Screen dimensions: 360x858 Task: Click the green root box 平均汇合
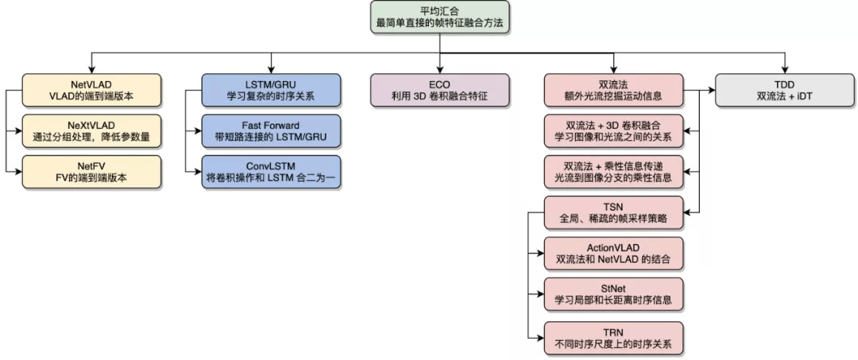(439, 17)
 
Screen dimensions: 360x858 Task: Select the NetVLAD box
(91, 90)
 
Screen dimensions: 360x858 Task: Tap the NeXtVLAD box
(91, 130)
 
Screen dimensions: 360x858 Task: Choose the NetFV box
(91, 172)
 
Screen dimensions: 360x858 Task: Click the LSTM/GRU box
(271, 90)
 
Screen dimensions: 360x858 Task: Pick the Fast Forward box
(271, 130)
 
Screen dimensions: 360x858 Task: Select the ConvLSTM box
(271, 172)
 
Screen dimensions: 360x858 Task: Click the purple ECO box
(439, 90)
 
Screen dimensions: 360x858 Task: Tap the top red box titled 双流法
(613, 90)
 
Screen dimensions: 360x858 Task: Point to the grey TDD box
(785, 90)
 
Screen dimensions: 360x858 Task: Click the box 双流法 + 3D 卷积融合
(613, 130)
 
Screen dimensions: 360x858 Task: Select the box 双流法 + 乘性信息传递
(613, 172)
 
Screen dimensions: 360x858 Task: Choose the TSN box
(613, 212)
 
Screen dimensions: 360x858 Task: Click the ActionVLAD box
(613, 253)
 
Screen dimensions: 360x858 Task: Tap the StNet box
(613, 294)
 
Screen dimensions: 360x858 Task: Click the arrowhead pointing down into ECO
(439, 70)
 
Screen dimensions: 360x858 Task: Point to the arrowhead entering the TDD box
(785, 70)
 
